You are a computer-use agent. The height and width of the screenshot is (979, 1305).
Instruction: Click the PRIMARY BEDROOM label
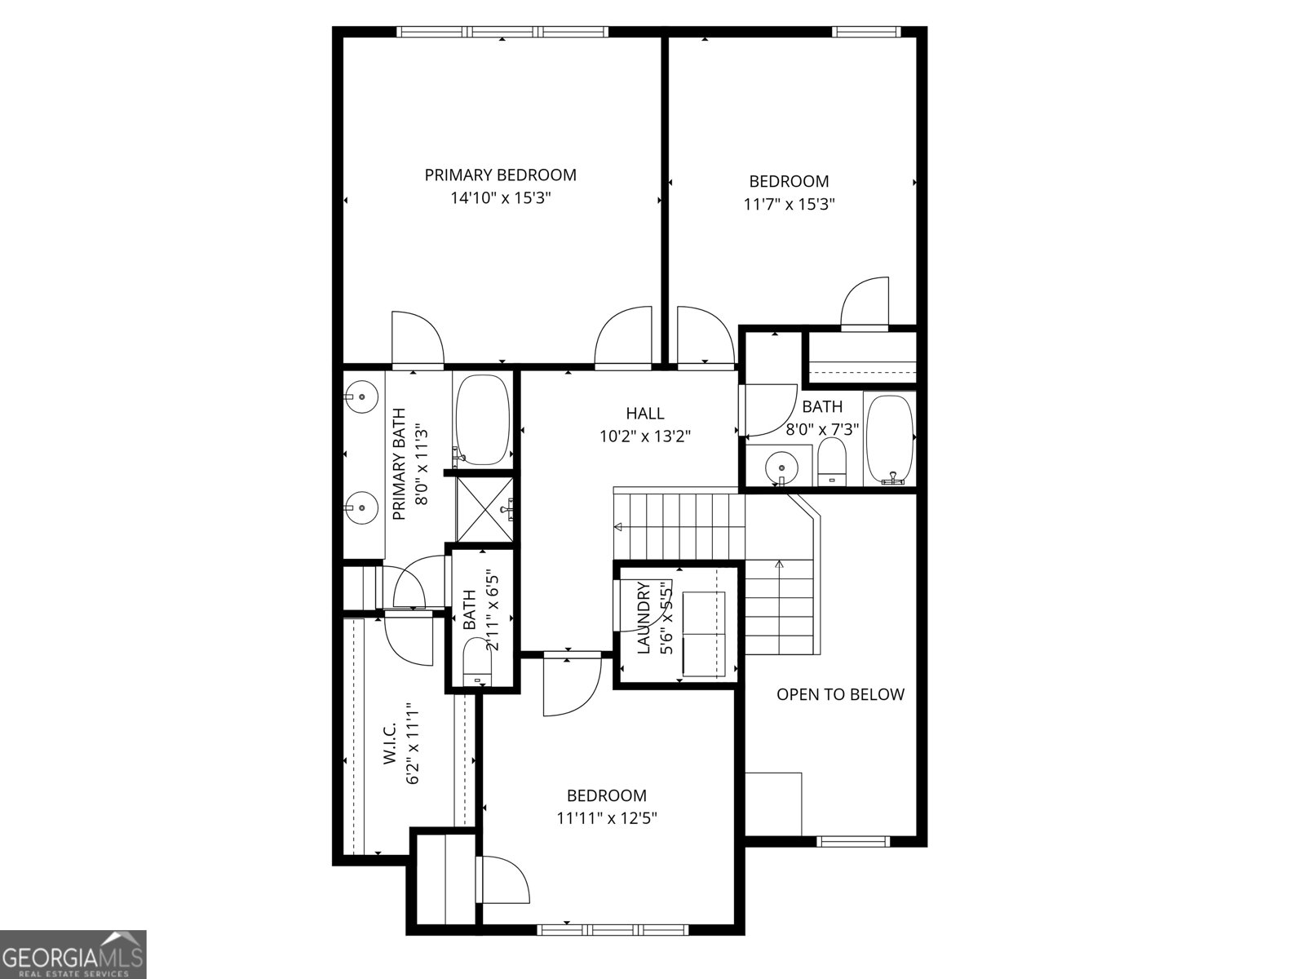click(500, 175)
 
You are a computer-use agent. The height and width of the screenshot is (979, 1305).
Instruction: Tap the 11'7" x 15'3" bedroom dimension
click(789, 204)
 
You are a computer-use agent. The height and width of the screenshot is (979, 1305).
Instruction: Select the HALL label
click(644, 414)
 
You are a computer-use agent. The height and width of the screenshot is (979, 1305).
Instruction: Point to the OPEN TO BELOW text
click(840, 694)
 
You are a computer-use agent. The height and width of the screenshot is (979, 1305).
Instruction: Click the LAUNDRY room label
click(644, 618)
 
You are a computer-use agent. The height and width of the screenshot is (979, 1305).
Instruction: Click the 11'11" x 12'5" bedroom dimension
click(607, 818)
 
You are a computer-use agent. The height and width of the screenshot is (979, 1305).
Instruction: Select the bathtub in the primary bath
click(483, 420)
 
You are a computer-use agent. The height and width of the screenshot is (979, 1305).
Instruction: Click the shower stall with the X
click(484, 509)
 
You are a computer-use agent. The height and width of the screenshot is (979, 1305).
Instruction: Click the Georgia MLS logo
click(73, 955)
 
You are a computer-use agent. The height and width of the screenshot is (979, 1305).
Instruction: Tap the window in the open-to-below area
click(852, 841)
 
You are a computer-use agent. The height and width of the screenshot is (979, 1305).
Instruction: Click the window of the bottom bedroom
click(613, 928)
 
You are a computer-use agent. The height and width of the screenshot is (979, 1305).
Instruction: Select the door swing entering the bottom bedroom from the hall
click(569, 685)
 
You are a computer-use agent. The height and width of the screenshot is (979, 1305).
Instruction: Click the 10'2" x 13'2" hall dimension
click(644, 436)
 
